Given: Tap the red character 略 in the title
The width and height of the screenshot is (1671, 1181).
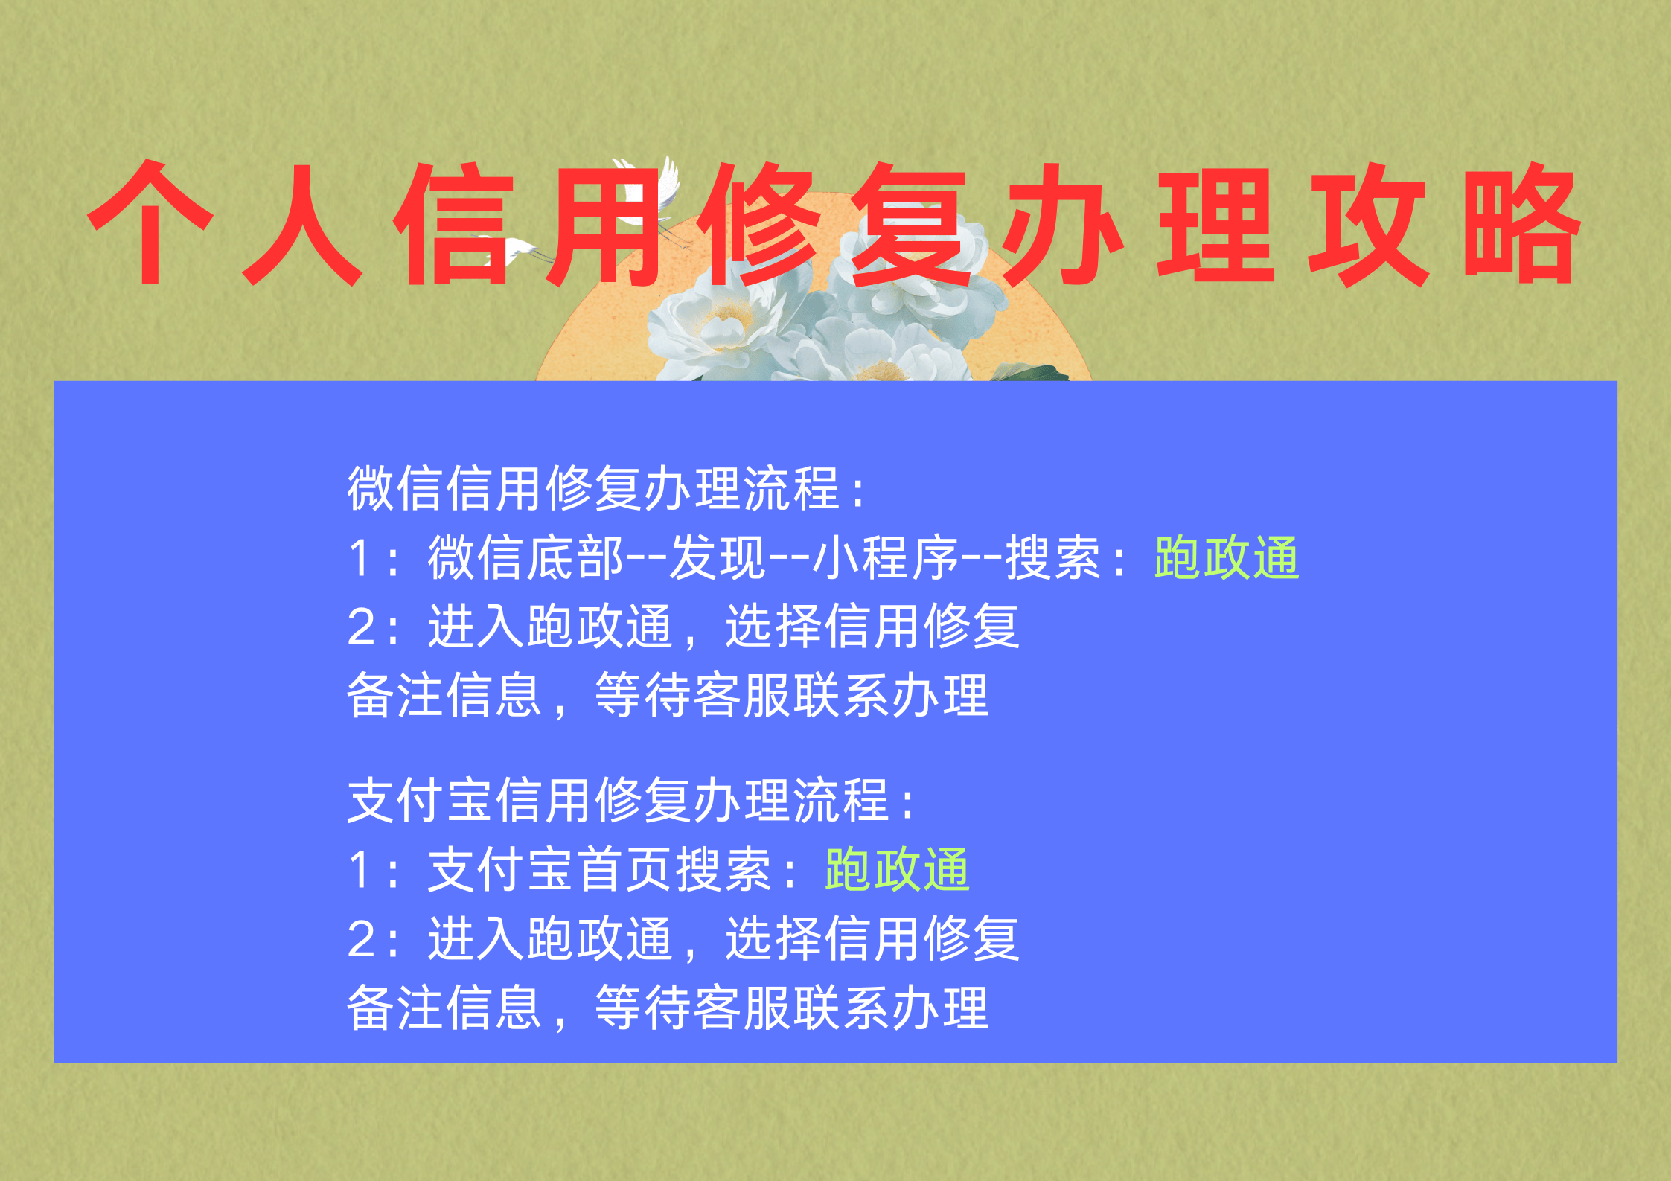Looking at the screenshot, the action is [x=1521, y=226].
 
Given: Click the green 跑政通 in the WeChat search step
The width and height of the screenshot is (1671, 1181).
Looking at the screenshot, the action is [x=1227, y=557].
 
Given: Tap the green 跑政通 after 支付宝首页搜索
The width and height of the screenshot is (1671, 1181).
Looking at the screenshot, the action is [x=897, y=869].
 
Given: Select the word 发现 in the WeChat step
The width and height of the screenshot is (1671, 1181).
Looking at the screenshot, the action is [x=717, y=557].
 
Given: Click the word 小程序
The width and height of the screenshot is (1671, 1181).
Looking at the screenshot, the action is [x=886, y=557].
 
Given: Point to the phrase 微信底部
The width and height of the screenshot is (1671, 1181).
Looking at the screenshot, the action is [x=525, y=557].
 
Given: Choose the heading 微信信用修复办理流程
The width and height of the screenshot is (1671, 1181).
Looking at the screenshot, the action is [x=594, y=488].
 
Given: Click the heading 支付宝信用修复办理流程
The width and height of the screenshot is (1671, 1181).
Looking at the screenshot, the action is [x=619, y=801].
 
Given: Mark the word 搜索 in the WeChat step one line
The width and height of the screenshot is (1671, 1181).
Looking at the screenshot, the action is [x=1053, y=557].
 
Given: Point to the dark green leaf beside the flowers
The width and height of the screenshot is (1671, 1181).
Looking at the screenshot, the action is [x=1031, y=372].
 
